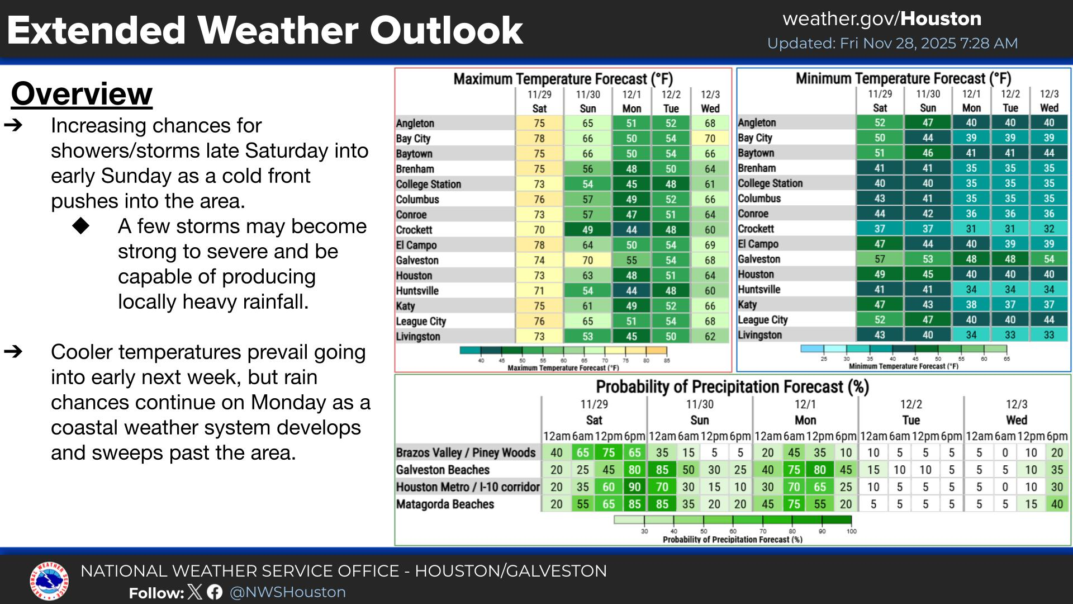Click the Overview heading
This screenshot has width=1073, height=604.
click(82, 94)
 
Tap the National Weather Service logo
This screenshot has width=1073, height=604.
click(49, 582)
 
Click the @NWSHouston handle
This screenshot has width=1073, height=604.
click(288, 592)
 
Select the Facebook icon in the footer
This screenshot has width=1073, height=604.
click(215, 592)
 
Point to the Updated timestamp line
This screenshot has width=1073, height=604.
click(892, 44)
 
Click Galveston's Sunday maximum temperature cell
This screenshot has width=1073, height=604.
click(588, 260)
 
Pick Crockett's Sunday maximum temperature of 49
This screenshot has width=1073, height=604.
click(588, 230)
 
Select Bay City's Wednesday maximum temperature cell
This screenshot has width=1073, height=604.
click(710, 139)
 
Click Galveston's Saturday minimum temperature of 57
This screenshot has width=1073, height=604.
click(880, 259)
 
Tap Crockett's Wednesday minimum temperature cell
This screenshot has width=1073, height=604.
click(1049, 229)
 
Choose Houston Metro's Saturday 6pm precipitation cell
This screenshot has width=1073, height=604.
click(634, 487)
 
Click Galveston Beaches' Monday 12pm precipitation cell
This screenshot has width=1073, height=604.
click(820, 470)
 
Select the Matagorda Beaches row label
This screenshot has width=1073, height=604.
click(445, 504)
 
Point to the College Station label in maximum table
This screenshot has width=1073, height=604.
click(429, 185)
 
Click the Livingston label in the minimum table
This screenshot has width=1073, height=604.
click(759, 335)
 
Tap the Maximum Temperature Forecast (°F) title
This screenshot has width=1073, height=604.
click(563, 79)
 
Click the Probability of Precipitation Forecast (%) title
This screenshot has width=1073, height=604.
click(732, 387)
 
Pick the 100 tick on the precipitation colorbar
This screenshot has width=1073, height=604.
click(851, 531)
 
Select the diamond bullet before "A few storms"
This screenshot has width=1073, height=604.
click(81, 226)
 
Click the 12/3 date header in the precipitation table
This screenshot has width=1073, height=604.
click(1017, 404)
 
